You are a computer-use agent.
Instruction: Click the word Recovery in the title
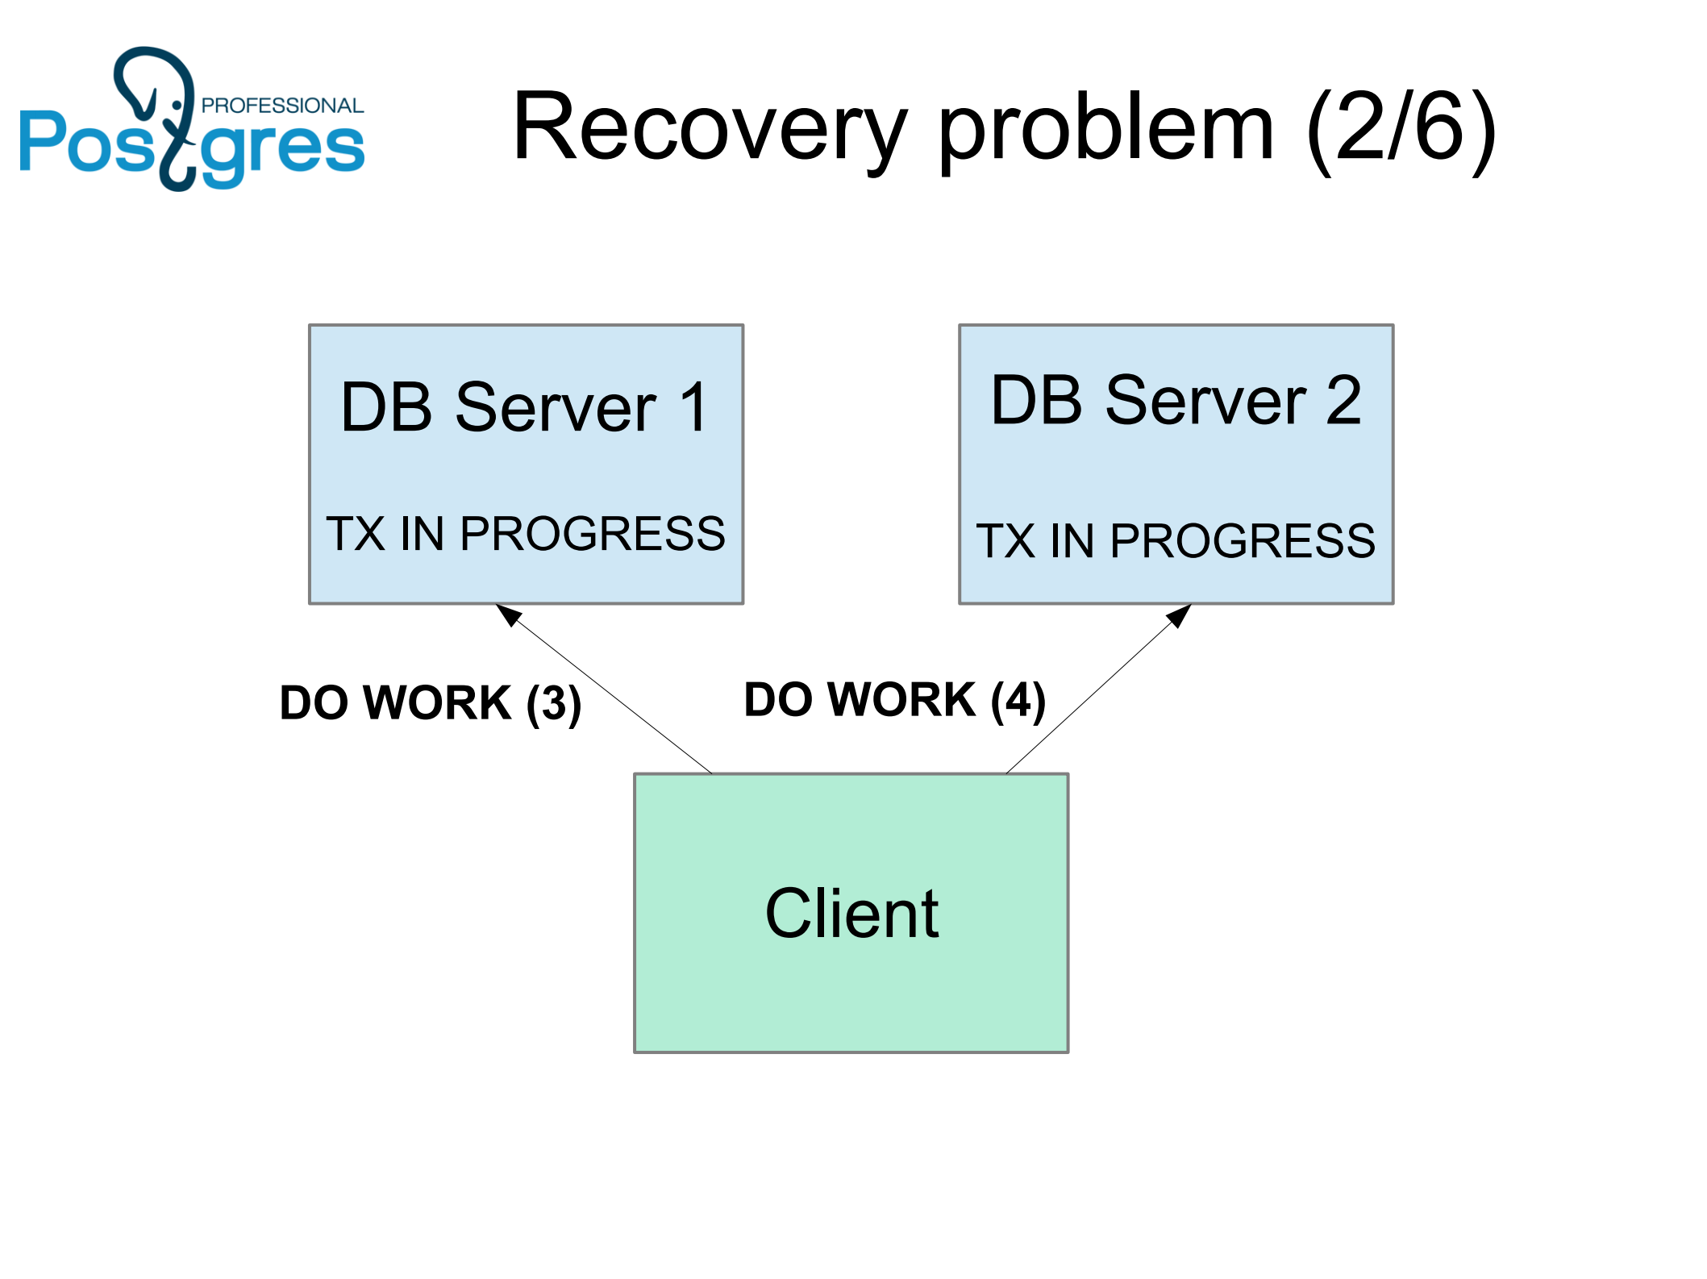point(710,127)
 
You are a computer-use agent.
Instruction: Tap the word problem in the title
point(1106,127)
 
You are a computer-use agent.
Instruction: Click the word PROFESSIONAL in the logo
point(282,106)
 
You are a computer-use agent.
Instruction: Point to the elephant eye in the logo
point(177,106)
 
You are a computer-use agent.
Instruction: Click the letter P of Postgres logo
point(42,141)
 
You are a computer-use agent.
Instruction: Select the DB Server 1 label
point(525,408)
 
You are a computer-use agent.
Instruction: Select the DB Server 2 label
point(1176,401)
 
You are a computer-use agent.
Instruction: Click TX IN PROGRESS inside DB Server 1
point(525,534)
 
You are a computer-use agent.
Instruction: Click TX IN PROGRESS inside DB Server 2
point(1176,540)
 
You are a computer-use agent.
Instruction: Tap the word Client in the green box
point(851,914)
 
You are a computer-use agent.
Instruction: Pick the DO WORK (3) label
point(430,702)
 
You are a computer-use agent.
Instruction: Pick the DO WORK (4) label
point(894,699)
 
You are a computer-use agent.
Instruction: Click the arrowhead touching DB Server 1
point(508,615)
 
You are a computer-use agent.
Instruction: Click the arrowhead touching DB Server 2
point(1180,615)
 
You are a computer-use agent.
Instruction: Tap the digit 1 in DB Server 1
point(693,408)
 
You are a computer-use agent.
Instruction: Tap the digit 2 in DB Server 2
point(1343,401)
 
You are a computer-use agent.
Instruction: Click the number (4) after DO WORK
point(1018,699)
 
